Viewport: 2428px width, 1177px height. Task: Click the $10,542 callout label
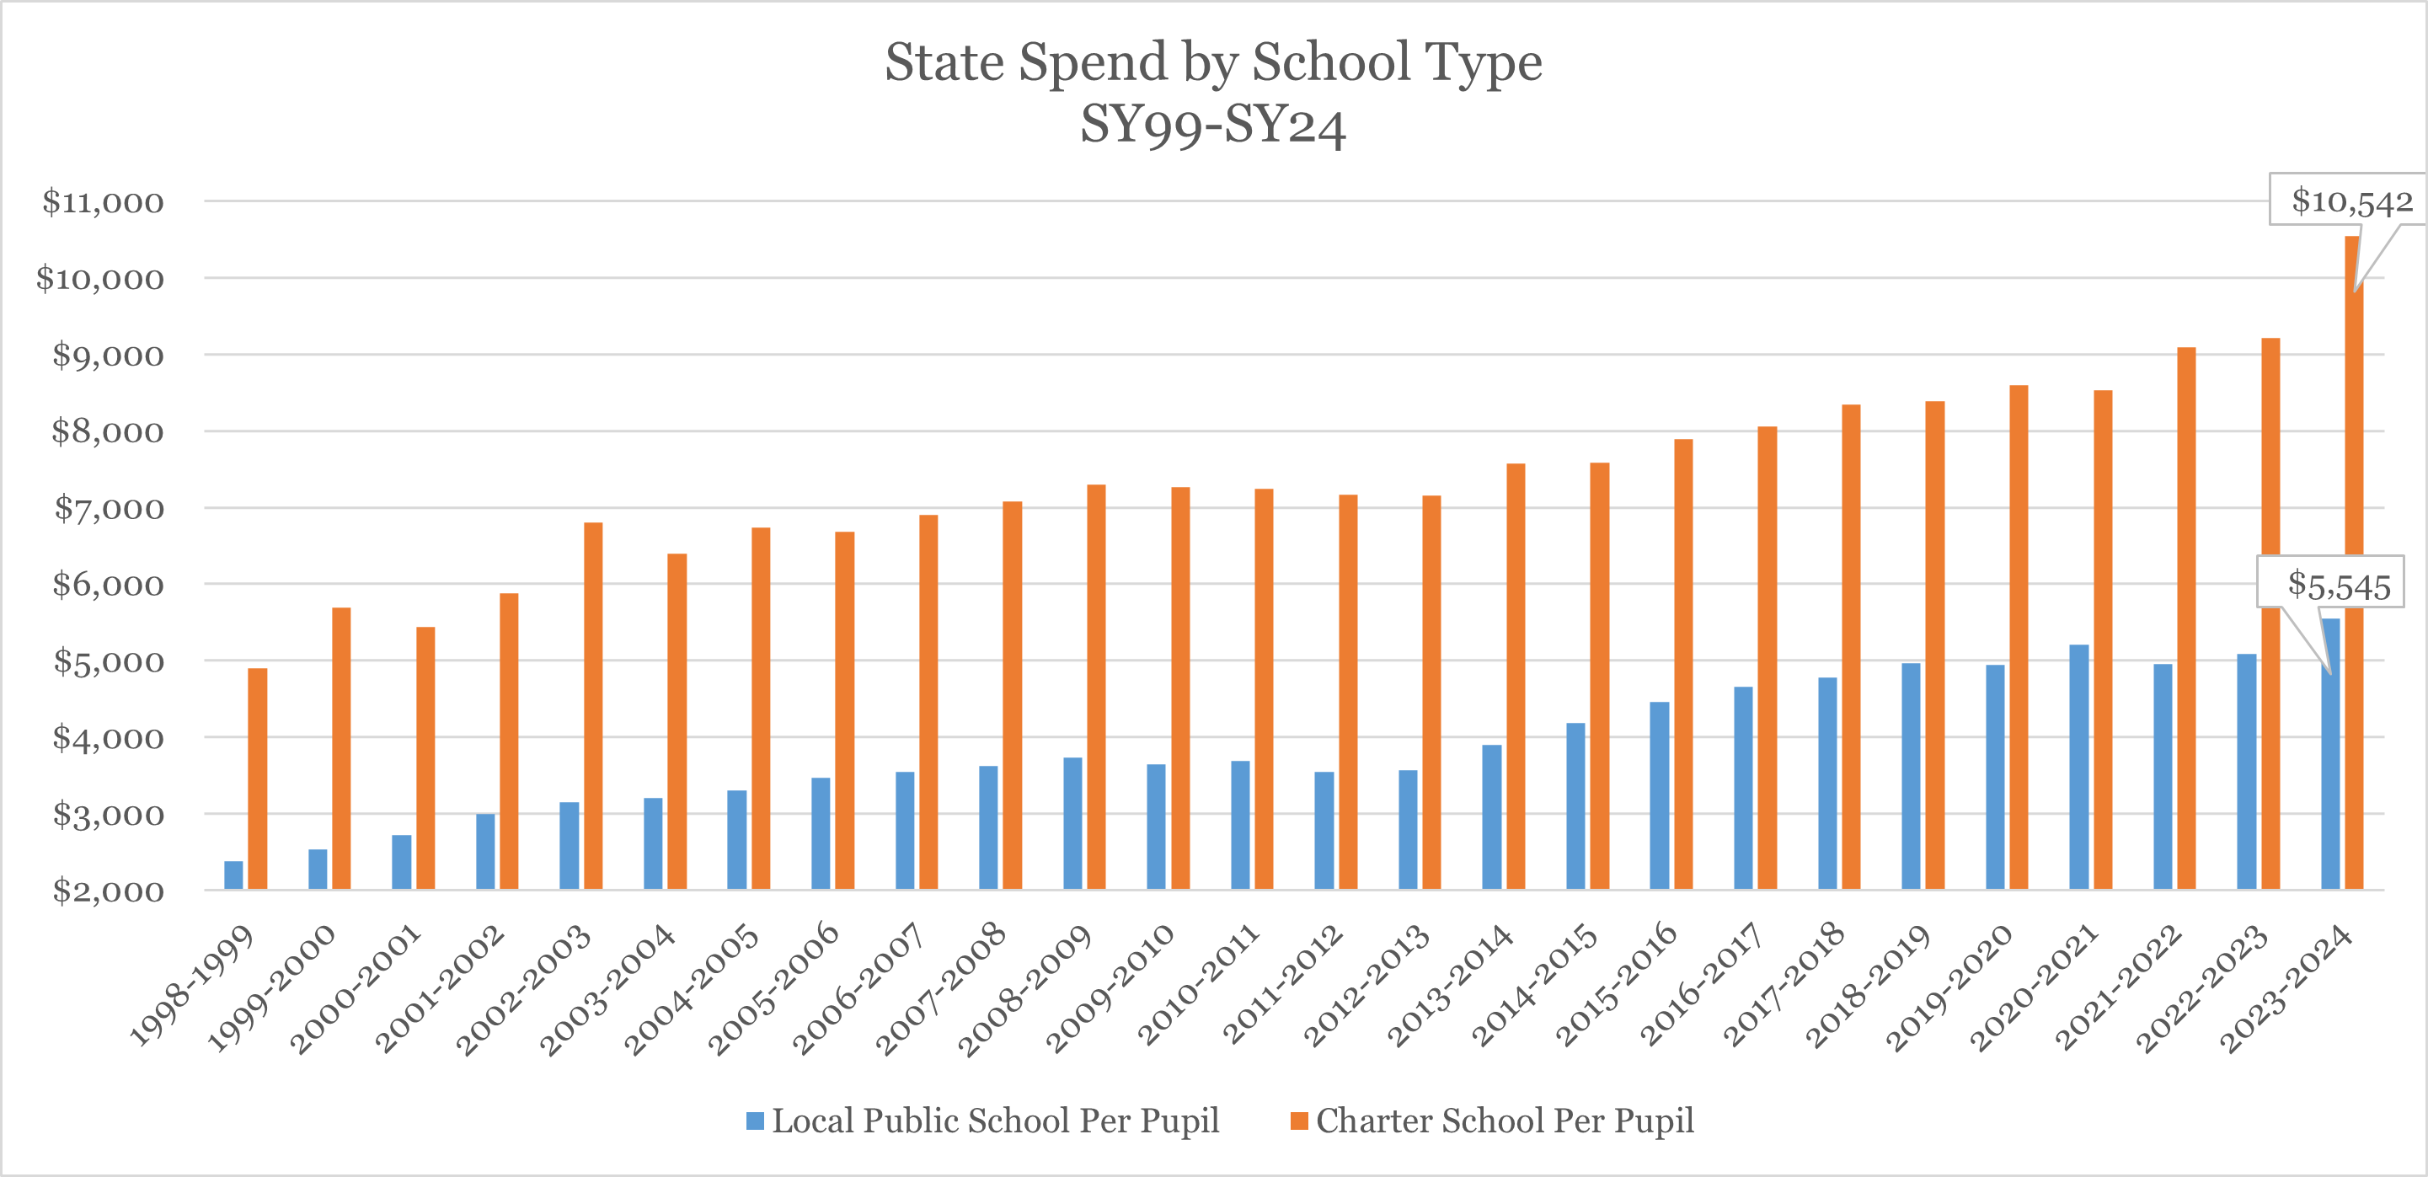[x=2351, y=200]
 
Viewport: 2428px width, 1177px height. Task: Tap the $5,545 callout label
[x=2339, y=586]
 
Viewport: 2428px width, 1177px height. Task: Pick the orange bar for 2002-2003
[x=593, y=706]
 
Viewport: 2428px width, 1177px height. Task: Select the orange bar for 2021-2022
[x=2185, y=618]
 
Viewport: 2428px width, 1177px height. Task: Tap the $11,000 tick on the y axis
[x=103, y=201]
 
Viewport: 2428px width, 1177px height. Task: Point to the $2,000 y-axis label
[x=108, y=891]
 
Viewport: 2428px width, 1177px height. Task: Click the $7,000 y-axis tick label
[x=108, y=509]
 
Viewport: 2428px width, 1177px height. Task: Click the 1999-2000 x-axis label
[x=271, y=987]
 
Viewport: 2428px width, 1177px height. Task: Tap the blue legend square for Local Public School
[x=755, y=1121]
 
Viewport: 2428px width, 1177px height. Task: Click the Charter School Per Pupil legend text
[x=1505, y=1121]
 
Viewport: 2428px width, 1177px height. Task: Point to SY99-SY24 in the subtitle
[x=1213, y=125]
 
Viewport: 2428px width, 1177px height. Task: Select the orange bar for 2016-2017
[x=1768, y=658]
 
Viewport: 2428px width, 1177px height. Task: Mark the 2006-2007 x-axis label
[x=858, y=987]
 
